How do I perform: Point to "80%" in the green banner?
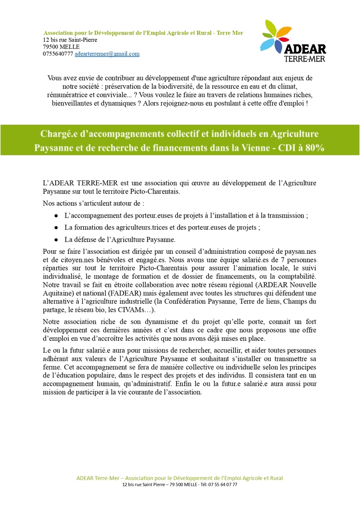314,148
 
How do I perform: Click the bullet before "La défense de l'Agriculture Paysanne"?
56,239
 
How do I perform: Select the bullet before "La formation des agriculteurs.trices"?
56,228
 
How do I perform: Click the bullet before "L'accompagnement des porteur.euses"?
56,216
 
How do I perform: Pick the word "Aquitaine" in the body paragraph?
57,293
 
